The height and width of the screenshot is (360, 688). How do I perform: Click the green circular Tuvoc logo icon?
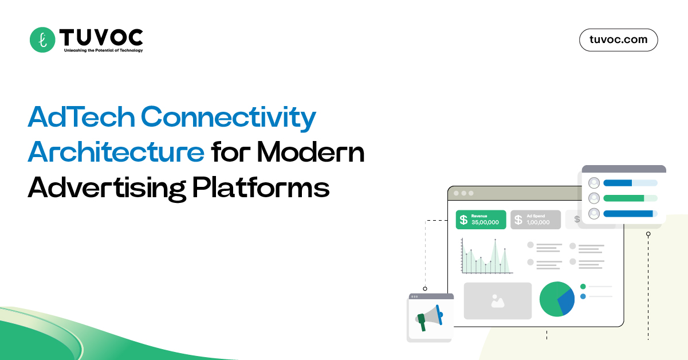pyautogui.click(x=42, y=40)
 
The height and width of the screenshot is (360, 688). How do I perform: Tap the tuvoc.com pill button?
pyautogui.click(x=618, y=40)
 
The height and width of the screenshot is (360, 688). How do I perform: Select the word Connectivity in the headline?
pyautogui.click(x=229, y=118)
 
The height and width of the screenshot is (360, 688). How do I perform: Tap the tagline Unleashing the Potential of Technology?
pyautogui.click(x=95, y=50)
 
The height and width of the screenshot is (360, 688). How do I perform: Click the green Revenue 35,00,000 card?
pyautogui.click(x=481, y=220)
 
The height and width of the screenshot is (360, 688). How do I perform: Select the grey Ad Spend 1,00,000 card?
pyautogui.click(x=536, y=220)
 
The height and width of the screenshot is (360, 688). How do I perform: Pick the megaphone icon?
pyautogui.click(x=430, y=318)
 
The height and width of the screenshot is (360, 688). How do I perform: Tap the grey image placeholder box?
pyautogui.click(x=497, y=301)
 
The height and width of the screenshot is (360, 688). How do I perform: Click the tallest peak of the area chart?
pyautogui.click(x=495, y=241)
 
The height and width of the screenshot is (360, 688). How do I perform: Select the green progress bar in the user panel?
pyautogui.click(x=624, y=198)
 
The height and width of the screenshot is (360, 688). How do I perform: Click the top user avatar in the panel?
pyautogui.click(x=594, y=183)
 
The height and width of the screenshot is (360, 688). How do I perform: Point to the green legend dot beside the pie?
pyautogui.click(x=583, y=286)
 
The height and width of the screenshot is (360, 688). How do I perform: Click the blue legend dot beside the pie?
pyautogui.click(x=583, y=296)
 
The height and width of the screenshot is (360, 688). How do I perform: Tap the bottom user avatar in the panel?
pyautogui.click(x=594, y=213)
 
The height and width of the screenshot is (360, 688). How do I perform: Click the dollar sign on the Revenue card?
pyautogui.click(x=463, y=220)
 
